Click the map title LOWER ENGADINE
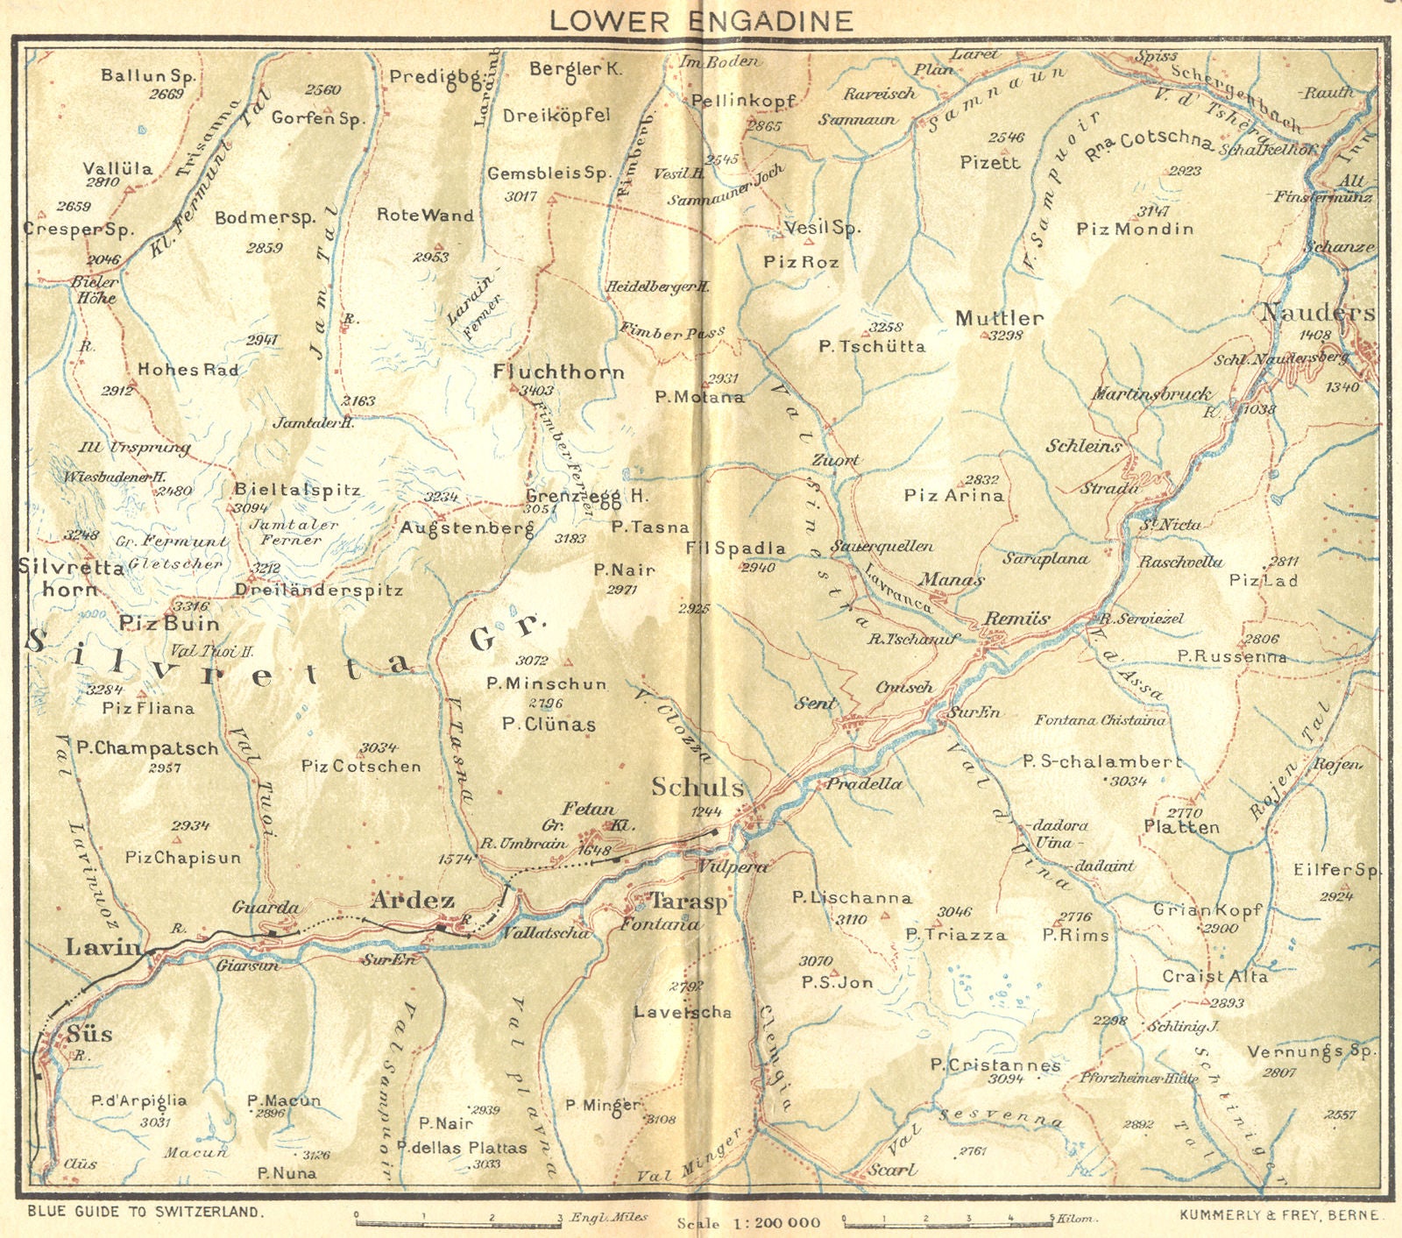point(701,21)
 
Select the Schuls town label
point(697,787)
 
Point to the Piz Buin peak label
point(169,624)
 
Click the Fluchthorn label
point(558,371)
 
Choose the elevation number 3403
point(535,390)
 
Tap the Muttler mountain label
point(999,318)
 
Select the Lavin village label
point(103,946)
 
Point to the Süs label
point(89,1034)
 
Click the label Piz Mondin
point(1135,229)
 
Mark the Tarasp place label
point(687,902)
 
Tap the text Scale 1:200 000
point(749,1223)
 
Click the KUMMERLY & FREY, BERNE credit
point(1279,1215)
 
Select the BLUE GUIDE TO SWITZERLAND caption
point(145,1213)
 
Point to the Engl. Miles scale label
point(609,1217)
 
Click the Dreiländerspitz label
point(318,591)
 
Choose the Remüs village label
point(1016,619)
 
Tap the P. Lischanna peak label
point(851,897)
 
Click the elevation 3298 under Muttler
point(1005,335)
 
